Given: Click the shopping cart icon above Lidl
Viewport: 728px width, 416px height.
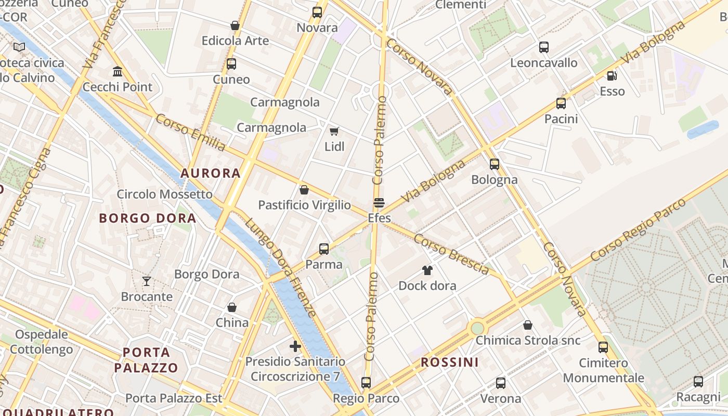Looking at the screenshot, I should pos(334,131).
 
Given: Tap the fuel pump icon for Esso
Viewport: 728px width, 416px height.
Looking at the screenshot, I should pos(612,76).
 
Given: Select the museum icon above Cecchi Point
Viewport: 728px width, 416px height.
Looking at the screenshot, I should pos(118,71).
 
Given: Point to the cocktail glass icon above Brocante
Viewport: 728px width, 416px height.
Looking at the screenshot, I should pos(147,281).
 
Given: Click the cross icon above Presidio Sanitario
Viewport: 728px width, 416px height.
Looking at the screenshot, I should pos(295,346).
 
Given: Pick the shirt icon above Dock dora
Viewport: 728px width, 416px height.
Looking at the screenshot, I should pos(427,270).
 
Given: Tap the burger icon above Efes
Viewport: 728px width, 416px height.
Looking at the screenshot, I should pos(379,202).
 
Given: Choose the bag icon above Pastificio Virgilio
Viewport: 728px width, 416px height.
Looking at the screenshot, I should pos(304,190).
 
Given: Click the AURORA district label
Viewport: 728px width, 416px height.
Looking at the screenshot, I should pos(211,173).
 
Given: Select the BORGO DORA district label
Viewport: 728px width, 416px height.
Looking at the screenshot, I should pos(148,218).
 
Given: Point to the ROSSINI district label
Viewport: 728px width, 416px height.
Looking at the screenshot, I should pos(449,362).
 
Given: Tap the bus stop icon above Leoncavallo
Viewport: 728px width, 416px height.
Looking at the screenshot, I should pos(544,47).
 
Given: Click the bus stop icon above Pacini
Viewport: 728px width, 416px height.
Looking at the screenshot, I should pos(561,103).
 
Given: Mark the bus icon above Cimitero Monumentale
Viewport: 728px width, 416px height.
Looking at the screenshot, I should pos(603,347).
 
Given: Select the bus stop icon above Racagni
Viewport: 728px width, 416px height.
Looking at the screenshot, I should pos(698,382).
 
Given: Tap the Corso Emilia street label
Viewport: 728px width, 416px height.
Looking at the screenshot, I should pos(191,133).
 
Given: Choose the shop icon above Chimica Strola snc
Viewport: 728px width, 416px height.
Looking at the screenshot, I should pos(528,325).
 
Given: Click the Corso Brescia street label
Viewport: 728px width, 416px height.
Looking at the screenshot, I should pos(451,254).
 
